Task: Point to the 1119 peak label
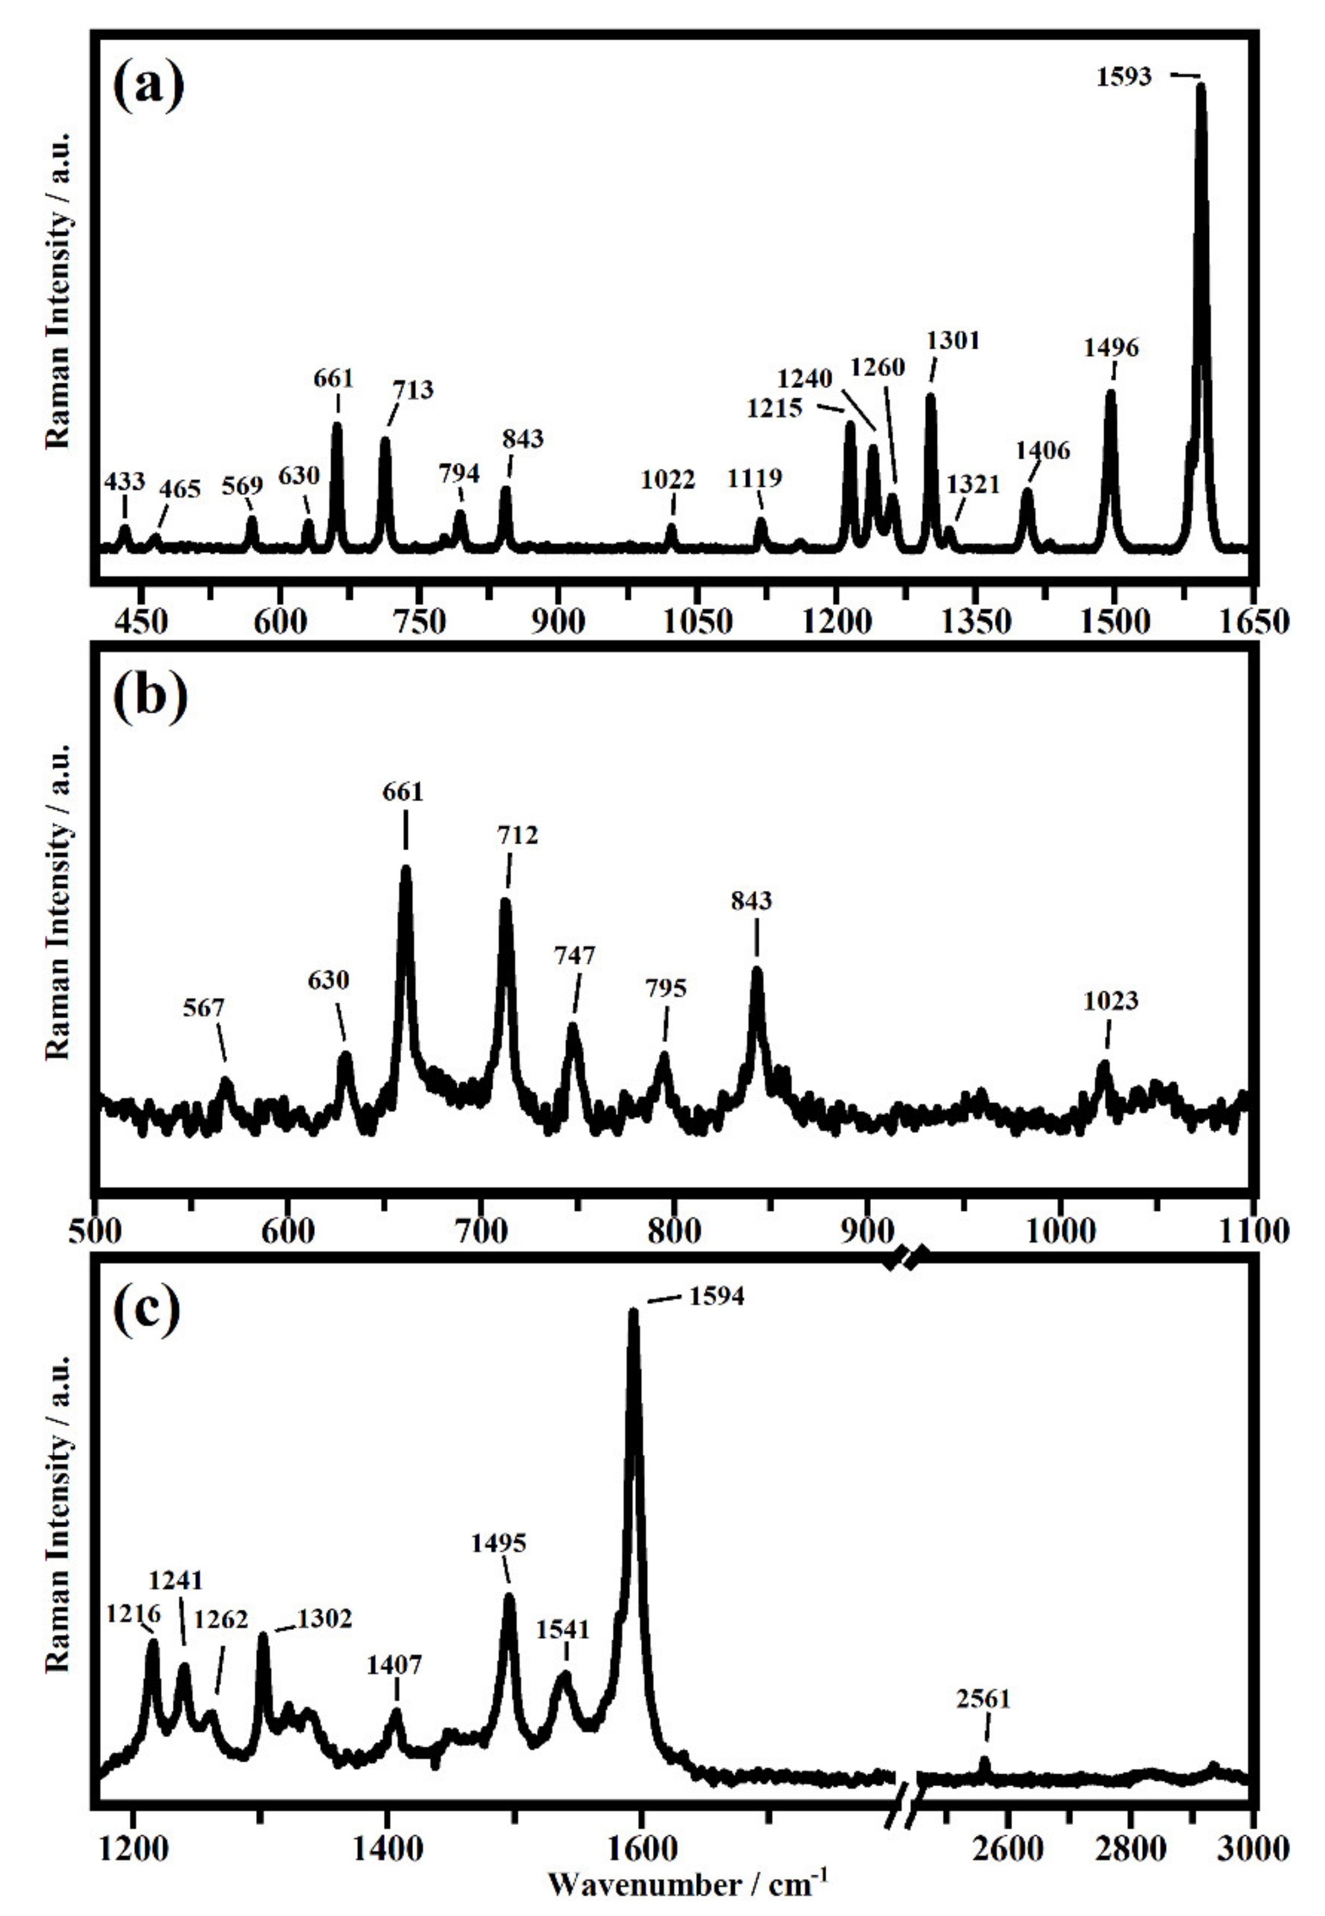point(755,479)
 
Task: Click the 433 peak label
point(124,481)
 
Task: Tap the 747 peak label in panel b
point(574,956)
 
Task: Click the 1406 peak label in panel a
point(1043,451)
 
